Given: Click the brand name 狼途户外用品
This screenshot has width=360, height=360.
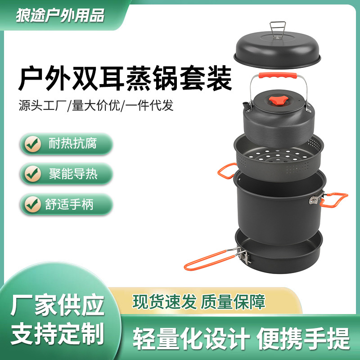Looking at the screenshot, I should (x=60, y=15).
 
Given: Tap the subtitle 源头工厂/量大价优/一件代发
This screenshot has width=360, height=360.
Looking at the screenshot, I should (x=96, y=106).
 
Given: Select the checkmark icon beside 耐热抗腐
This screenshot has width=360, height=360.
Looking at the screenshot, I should (x=32, y=144).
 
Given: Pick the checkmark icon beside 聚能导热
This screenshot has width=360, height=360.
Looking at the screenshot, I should (x=32, y=174).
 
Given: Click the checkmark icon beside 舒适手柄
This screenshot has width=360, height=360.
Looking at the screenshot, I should (x=32, y=204).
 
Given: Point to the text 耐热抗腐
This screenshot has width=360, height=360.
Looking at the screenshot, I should (x=72, y=144).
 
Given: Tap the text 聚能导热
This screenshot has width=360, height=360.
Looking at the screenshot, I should (x=72, y=174).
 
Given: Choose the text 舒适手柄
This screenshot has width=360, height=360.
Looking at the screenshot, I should (x=72, y=204).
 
